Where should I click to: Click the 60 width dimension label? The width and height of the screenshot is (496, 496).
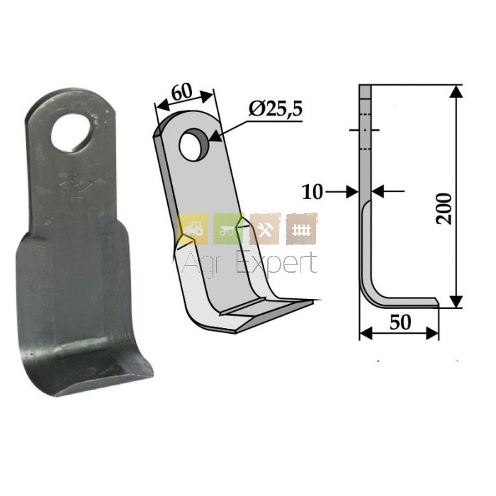[182, 92]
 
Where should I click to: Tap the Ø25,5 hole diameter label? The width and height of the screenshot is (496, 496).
[276, 109]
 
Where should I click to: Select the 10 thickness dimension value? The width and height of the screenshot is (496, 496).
[312, 192]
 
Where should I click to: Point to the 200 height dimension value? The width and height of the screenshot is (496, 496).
[444, 209]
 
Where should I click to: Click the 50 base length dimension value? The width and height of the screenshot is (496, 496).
[400, 322]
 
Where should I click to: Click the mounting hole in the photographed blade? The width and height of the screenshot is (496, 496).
[71, 133]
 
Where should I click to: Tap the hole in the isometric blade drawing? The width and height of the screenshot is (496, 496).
[194, 145]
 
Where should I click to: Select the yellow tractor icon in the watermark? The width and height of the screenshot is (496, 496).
[193, 228]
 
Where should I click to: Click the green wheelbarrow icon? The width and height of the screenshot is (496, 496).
[228, 229]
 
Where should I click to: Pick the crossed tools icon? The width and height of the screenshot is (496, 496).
[264, 229]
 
